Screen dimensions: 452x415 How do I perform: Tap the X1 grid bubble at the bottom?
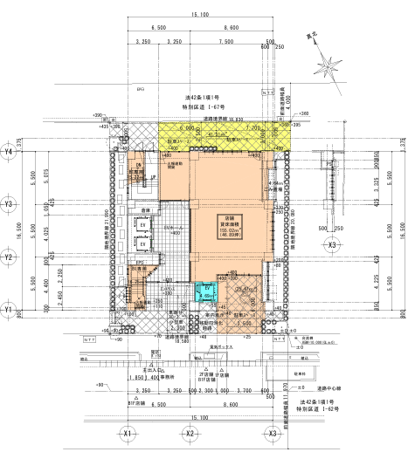[128, 434]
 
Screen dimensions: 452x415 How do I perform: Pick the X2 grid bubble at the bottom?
[190, 434]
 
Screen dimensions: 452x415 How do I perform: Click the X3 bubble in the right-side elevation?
[332, 247]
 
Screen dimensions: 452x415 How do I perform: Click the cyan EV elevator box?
[208, 291]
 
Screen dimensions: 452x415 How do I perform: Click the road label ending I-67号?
[198, 106]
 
